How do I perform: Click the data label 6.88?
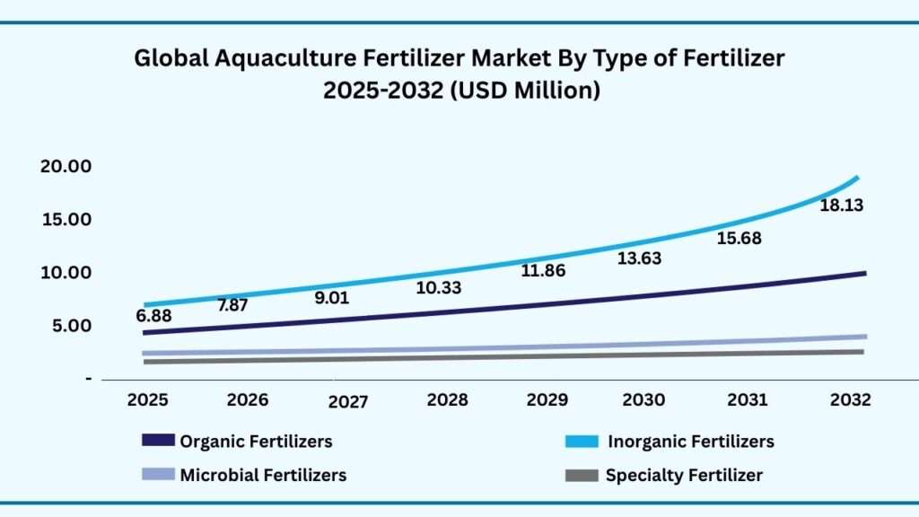point(153,317)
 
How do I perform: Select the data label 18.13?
point(842,206)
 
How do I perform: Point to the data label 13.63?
point(641,258)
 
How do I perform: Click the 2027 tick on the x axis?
point(347,402)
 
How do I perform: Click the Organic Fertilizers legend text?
point(256,442)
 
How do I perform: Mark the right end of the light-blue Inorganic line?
point(857,178)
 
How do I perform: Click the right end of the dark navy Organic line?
point(863,273)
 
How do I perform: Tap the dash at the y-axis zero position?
point(88,379)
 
